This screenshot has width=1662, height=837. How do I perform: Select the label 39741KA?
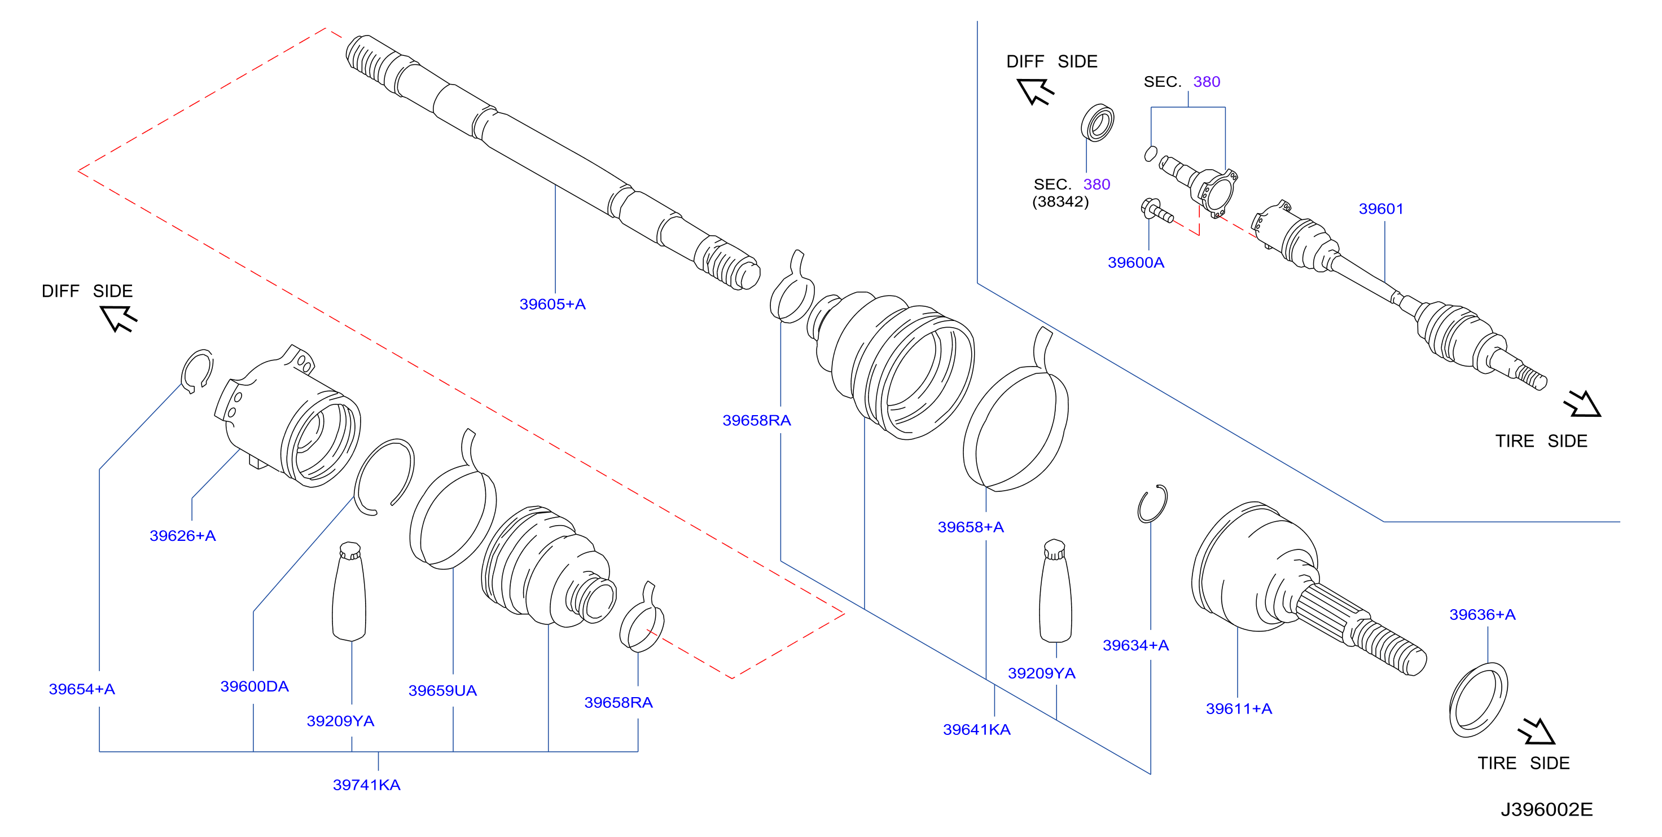click(x=366, y=785)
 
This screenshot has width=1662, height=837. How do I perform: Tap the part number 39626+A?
click(x=183, y=535)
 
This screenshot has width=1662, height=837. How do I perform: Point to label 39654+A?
click(x=82, y=689)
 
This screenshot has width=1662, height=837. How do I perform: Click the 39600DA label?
click(x=254, y=686)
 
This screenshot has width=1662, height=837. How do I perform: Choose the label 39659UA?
click(x=442, y=690)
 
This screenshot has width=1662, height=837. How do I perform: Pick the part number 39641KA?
click(x=977, y=729)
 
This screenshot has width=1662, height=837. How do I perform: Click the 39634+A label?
click(x=1135, y=645)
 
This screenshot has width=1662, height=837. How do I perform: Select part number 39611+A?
click(x=1239, y=708)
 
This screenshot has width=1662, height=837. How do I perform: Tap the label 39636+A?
click(x=1483, y=615)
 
